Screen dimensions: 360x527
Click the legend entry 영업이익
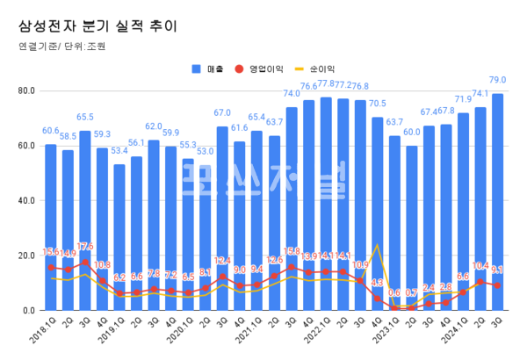[266, 68]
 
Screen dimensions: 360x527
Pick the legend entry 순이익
[321, 68]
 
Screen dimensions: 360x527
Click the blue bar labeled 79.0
[497, 202]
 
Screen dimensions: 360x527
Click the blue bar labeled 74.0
[291, 209]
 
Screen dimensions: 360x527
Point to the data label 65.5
[85, 117]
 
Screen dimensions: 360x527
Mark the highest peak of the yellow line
[378, 245]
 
